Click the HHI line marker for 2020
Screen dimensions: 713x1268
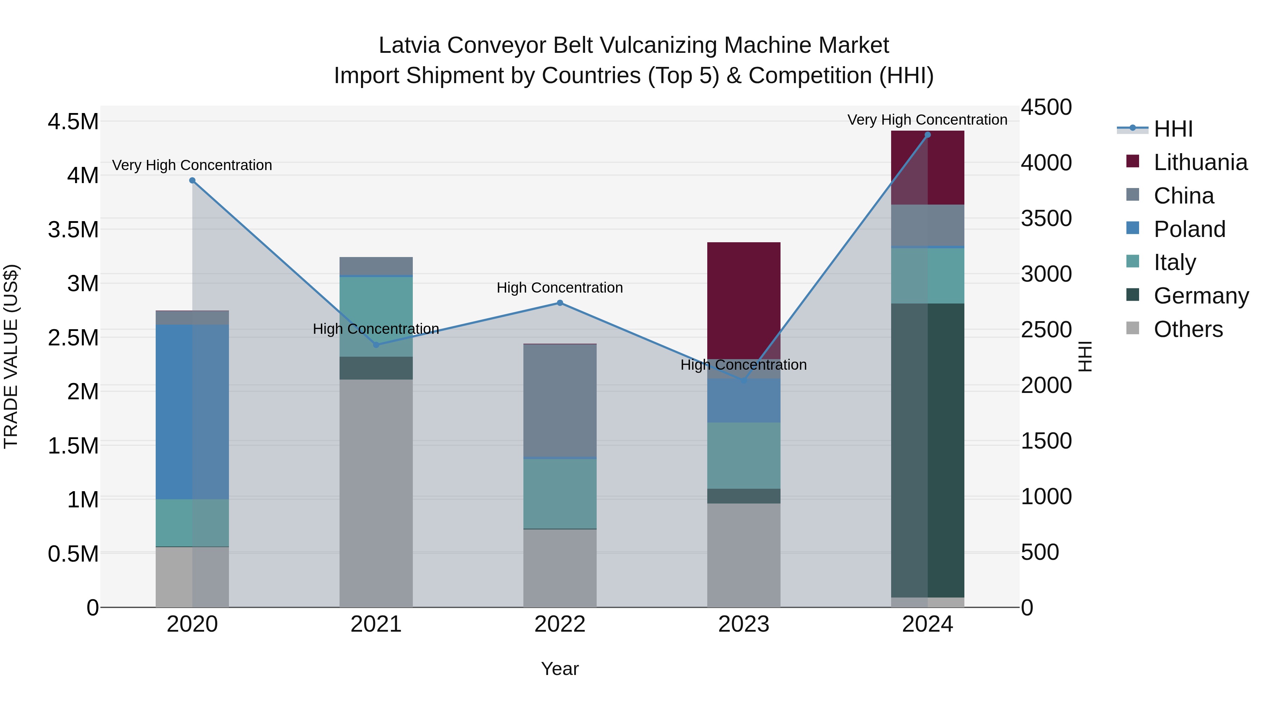tap(192, 181)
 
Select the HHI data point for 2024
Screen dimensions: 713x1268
tap(927, 135)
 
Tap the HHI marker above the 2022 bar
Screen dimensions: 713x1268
tap(560, 303)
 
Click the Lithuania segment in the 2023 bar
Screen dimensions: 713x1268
tap(744, 300)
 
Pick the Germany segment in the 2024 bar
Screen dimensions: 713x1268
tap(927, 450)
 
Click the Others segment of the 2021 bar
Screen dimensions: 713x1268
tap(376, 493)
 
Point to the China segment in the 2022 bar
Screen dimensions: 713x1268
tap(560, 401)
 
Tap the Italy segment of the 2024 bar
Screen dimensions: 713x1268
tap(927, 276)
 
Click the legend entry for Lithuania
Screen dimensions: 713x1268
tap(1200, 162)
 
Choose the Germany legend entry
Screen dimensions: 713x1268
tap(1201, 296)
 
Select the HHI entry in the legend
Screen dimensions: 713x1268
tap(1173, 129)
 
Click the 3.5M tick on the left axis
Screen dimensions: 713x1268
tap(73, 229)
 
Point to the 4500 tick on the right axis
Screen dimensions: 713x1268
tap(1046, 107)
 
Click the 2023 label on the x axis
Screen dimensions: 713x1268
tap(744, 624)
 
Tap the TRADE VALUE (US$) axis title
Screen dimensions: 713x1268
tap(11, 356)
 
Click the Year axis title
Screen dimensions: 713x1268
tap(560, 669)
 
